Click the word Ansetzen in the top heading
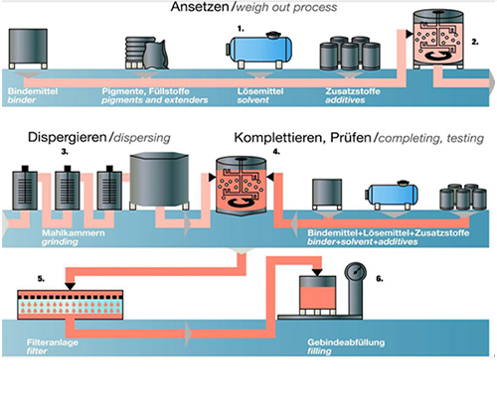pos(200,7)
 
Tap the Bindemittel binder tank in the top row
pos(28,49)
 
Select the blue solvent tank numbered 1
pos(259,50)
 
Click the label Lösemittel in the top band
pos(260,91)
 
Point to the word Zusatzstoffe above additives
pos(353,91)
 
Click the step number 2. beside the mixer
pos(475,42)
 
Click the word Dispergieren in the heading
pos(68,138)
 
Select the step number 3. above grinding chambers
pos(65,152)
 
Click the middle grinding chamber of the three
pos(68,188)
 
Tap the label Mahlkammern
pos(74,233)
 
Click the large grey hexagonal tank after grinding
pos(159,181)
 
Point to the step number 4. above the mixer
pos(276,152)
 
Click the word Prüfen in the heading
pos(351,138)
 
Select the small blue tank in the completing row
pos(392,195)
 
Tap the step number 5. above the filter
pos(41,279)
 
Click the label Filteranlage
pos(53,343)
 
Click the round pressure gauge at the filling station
pos(356,272)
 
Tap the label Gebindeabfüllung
pos(346,343)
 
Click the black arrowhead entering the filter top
pos(71,286)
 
